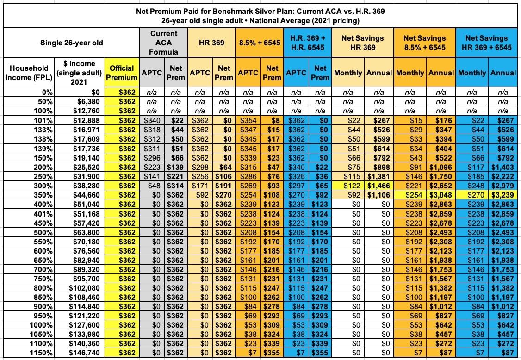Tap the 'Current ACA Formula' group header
point(163,43)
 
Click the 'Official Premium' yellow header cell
point(121,72)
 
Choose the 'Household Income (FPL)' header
point(29,72)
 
